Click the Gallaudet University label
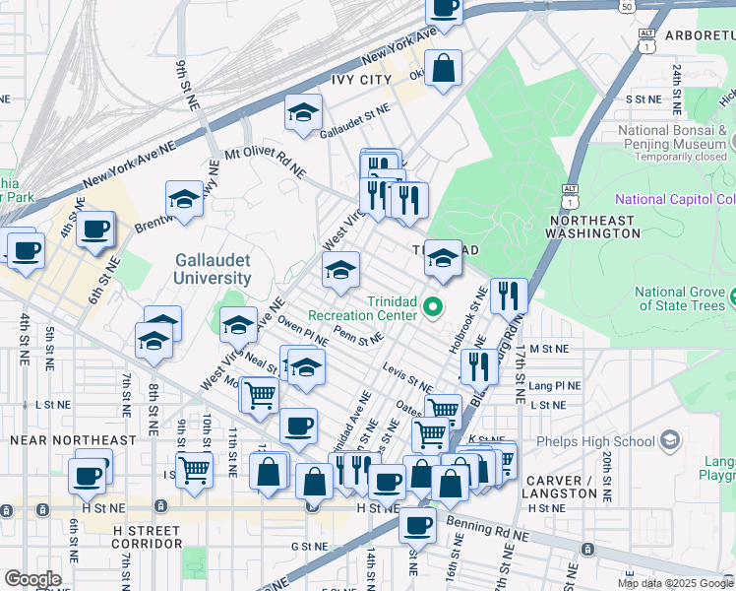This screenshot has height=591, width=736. tap(213, 269)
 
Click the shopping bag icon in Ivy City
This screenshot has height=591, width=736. tap(445, 69)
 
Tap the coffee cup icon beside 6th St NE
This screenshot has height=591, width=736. tap(95, 230)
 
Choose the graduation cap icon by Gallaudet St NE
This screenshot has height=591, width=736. tap(304, 113)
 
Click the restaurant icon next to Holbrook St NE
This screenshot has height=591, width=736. tap(509, 294)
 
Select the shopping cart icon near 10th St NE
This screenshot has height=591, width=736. tap(195, 469)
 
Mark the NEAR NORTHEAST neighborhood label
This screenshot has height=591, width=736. tap(73, 439)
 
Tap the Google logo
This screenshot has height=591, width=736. tap(32, 579)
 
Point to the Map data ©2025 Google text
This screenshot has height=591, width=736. tap(674, 583)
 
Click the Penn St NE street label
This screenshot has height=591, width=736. tap(357, 337)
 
